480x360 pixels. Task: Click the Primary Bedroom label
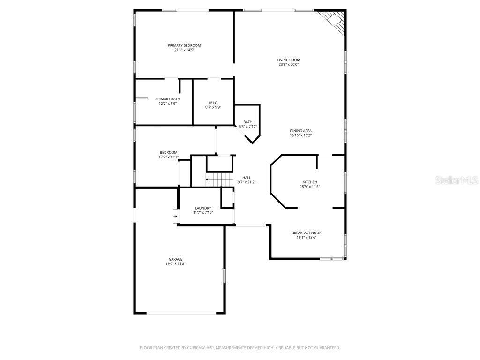coord(184,45)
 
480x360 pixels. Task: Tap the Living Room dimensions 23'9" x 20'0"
coord(288,65)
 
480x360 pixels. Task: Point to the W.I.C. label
coord(213,103)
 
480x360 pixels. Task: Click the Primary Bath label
coord(167,99)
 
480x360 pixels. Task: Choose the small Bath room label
coord(248,122)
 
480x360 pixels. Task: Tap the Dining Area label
coord(300,131)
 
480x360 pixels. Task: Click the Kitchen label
coord(309,182)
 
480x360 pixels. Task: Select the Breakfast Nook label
coord(307,232)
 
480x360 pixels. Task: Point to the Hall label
coord(246,178)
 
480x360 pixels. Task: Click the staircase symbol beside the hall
coord(220,179)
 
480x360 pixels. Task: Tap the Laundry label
coord(203,208)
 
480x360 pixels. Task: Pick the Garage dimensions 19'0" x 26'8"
coord(176,264)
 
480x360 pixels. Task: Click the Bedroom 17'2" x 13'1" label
coord(168,152)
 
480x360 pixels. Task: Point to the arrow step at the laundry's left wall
coord(175,216)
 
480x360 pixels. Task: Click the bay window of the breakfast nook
coord(332,258)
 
